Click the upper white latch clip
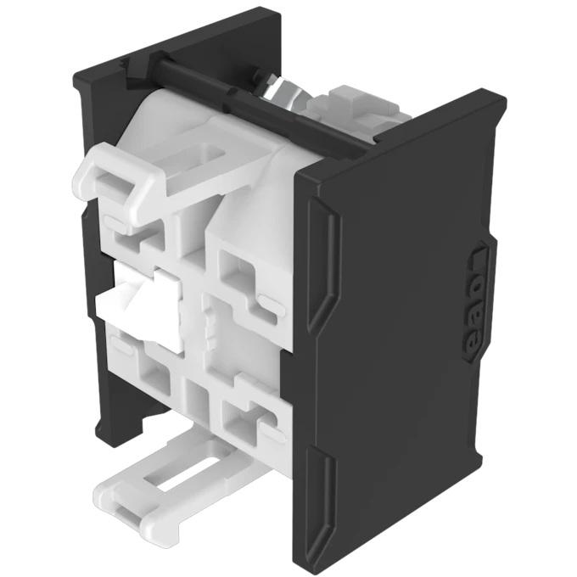(x=119, y=174)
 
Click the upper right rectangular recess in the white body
(x=242, y=276)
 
